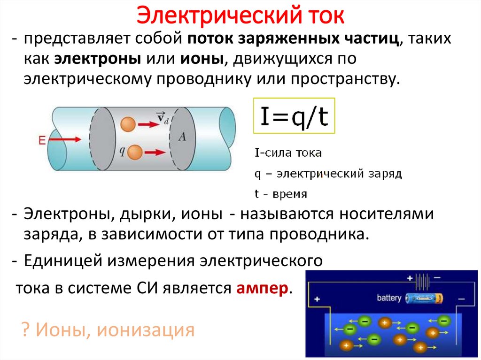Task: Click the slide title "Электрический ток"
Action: point(240,16)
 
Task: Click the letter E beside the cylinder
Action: point(42,139)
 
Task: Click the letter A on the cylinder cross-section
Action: point(182,136)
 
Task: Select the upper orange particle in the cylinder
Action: point(127,124)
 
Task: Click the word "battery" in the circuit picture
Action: point(389,298)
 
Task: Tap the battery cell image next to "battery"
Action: point(424,298)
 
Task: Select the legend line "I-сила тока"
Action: point(288,153)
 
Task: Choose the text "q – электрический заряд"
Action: point(328,174)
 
